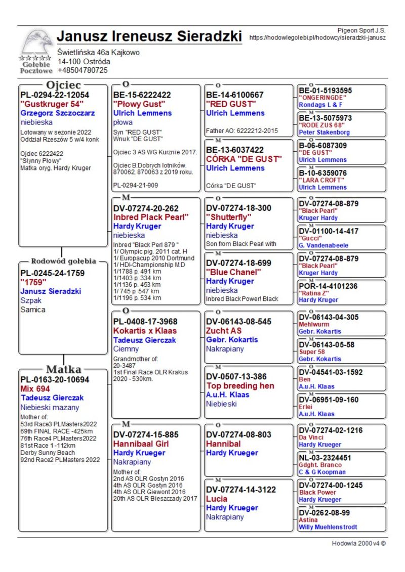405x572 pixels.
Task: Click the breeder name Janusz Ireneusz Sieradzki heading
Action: [149, 36]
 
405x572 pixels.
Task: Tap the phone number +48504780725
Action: [83, 70]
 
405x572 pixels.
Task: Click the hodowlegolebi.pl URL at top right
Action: [317, 37]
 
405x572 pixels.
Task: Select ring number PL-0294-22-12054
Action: [55, 95]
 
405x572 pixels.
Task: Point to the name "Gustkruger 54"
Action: [52, 104]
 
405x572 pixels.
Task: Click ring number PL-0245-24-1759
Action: [53, 273]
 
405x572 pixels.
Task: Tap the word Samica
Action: [33, 310]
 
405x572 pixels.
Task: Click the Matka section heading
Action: [64, 369]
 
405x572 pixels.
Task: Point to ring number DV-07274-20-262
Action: [146, 208]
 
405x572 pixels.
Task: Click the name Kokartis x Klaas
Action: [145, 330]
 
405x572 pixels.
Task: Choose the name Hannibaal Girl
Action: [141, 444]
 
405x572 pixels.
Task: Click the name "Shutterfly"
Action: [229, 217]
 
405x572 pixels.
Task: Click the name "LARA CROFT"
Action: [322, 180]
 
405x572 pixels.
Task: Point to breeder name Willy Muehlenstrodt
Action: [328, 527]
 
